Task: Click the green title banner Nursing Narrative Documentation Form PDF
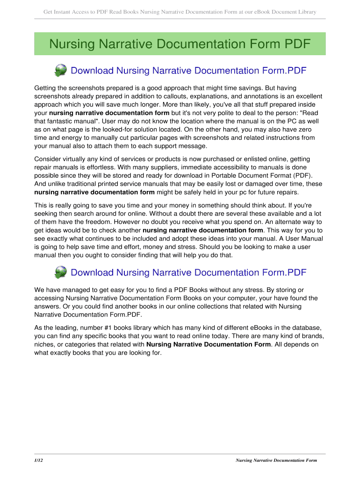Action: pyautogui.click(x=180, y=44)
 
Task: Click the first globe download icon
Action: pyautogui.click(x=61, y=71)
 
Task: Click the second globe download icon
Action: pyautogui.click(x=61, y=272)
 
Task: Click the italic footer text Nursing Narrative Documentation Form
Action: pyautogui.click(x=276, y=460)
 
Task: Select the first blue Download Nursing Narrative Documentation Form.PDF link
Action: pyautogui.click(x=188, y=71)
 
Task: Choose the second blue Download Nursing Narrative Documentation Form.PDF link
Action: pyautogui.click(x=188, y=272)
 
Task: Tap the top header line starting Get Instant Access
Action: pyautogui.click(x=180, y=12)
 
